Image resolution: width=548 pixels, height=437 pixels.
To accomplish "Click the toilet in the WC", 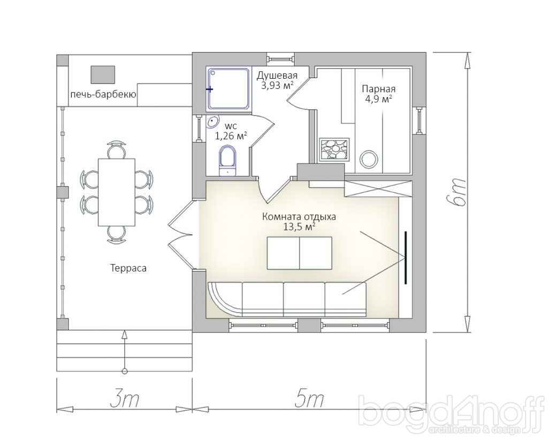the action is click(227, 161).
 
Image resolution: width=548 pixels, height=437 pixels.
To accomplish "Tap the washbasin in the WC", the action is click(212, 122).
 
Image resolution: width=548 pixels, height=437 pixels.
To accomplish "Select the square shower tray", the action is click(229, 88).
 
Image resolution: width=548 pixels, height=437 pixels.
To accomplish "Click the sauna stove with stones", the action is click(334, 150).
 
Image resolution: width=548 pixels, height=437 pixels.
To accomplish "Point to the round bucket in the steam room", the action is click(369, 159).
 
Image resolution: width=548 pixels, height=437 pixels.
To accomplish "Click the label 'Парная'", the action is click(378, 89).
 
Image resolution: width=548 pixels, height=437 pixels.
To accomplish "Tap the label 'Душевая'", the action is click(277, 75).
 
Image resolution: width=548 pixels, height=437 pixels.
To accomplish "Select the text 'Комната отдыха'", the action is click(299, 216).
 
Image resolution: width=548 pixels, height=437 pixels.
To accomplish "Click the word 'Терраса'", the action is click(128, 268).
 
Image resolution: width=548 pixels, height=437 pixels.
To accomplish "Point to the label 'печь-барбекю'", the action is click(103, 94).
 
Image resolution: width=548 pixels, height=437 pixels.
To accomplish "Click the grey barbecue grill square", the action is click(103, 74).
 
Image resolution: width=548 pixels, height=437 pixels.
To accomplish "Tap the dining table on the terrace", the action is click(116, 192).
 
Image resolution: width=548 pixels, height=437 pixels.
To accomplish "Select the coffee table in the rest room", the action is click(300, 253).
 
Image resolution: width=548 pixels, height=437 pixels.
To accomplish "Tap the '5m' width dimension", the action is click(309, 400).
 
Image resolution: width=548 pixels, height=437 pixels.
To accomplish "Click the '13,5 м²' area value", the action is click(299, 227).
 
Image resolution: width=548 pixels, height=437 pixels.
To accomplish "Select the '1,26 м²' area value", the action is click(231, 135).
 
